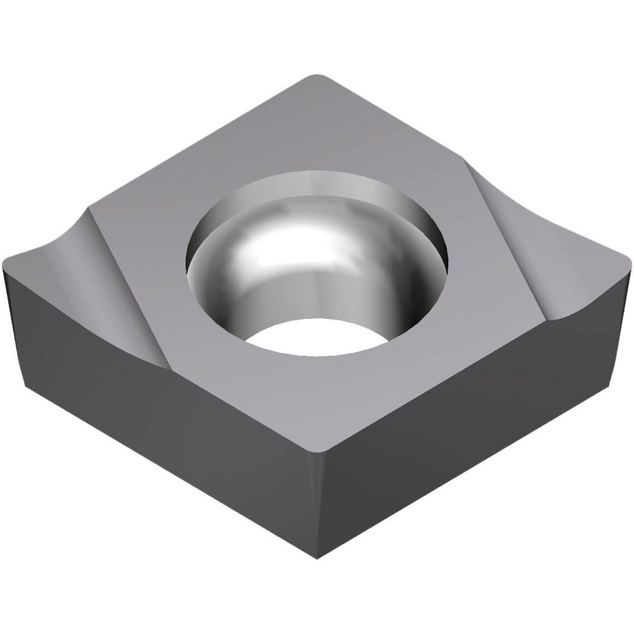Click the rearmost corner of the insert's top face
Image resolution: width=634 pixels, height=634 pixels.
[315, 78]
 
